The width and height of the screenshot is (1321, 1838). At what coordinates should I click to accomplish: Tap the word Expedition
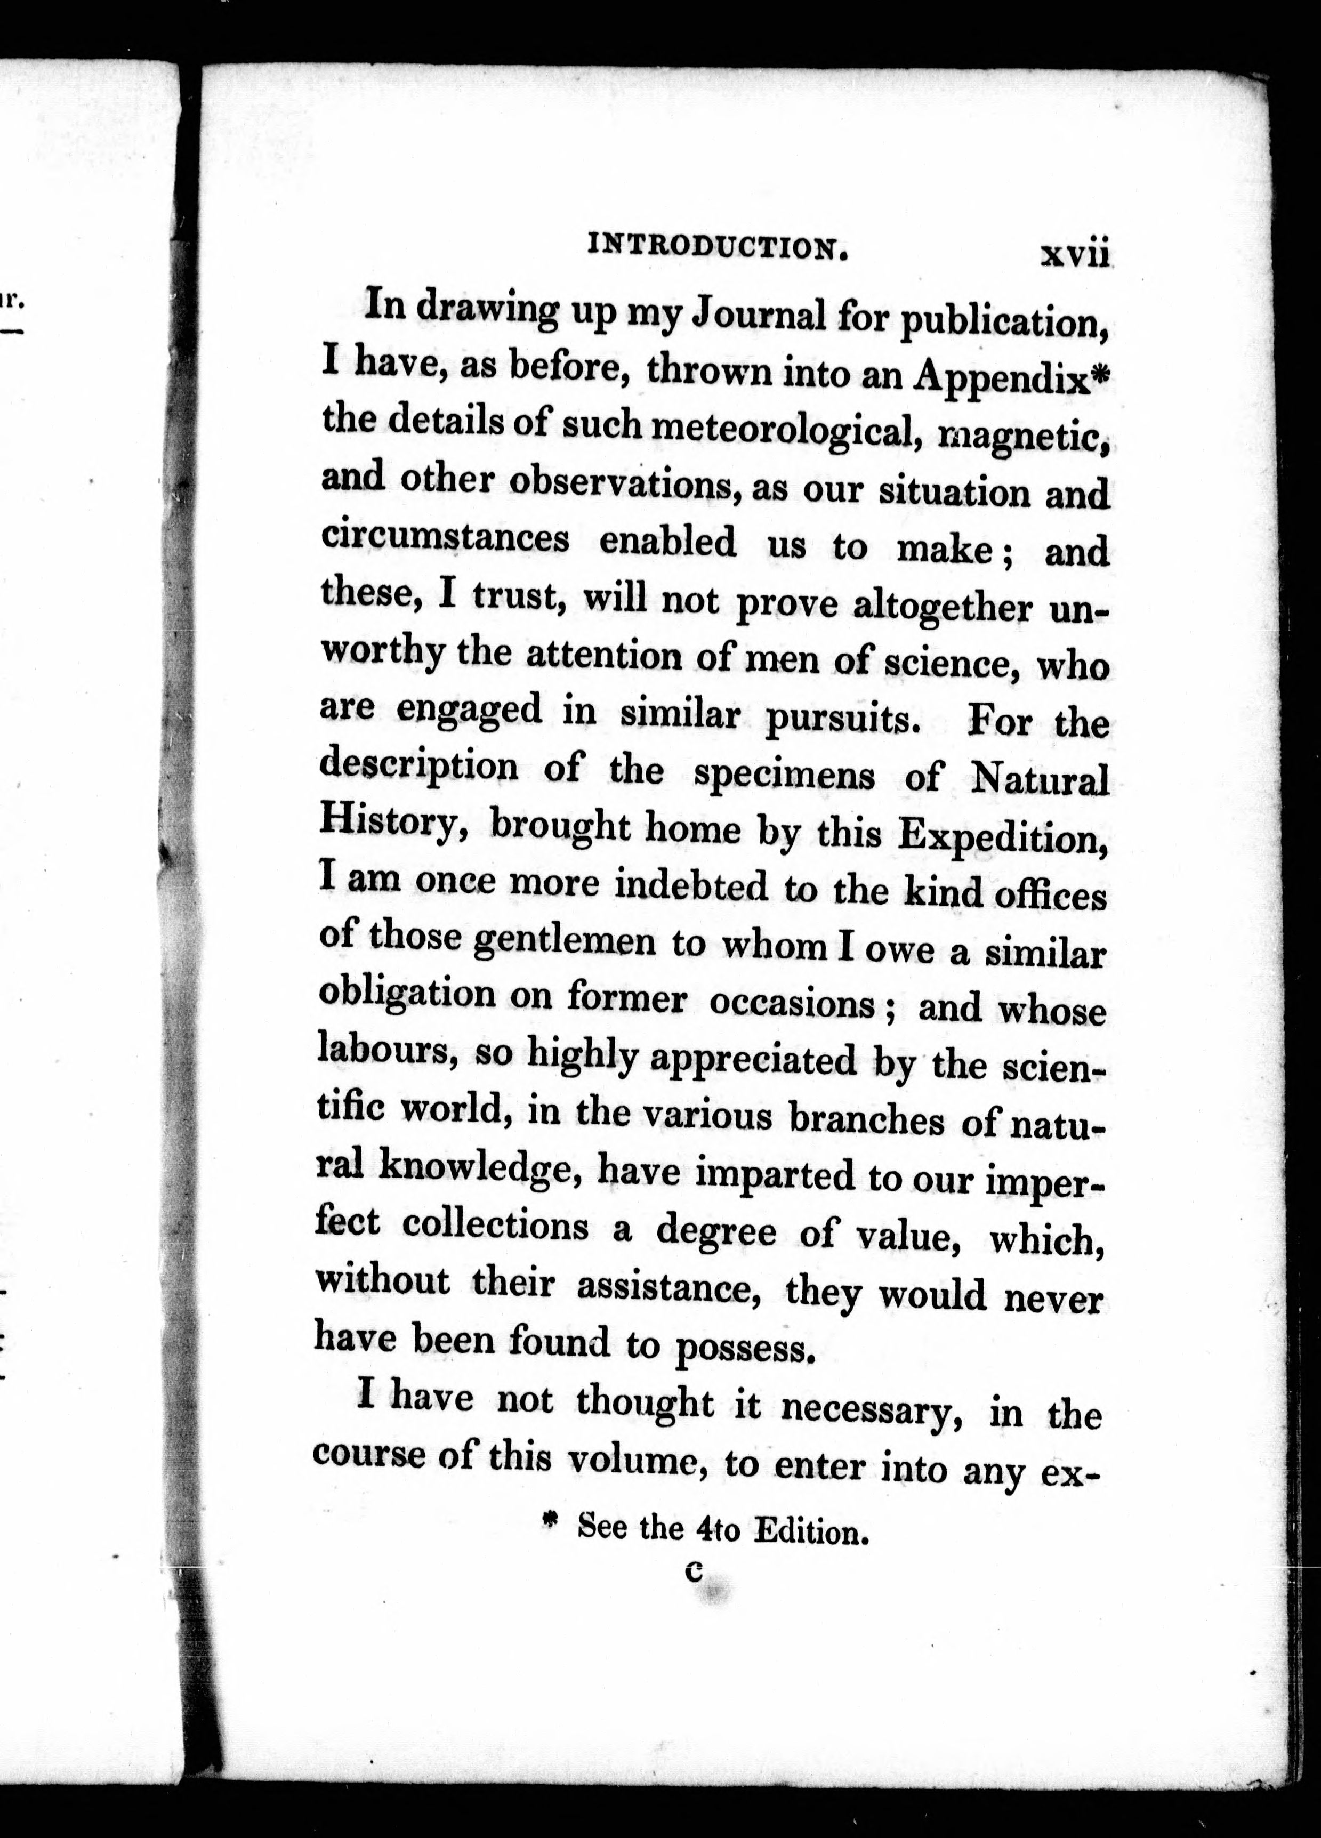coord(1003,837)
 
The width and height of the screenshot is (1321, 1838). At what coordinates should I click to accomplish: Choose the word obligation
coord(406,996)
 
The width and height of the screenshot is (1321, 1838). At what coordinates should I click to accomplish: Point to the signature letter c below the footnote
coord(691,1573)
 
